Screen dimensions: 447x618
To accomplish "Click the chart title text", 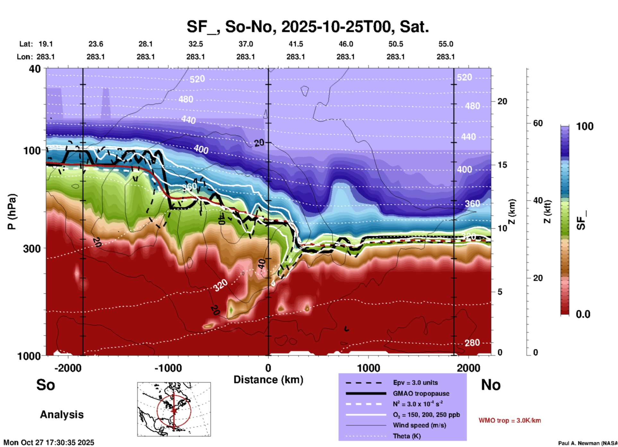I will coord(308,27).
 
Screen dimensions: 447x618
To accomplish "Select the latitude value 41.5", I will coord(296,44).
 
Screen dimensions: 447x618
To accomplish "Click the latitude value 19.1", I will coord(46,44).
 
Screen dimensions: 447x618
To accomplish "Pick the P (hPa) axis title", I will coord(12,212).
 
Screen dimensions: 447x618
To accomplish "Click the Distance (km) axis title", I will coord(268,380).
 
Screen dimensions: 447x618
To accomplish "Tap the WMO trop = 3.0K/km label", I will coord(510,420).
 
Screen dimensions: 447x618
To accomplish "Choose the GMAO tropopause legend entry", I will coord(421,393).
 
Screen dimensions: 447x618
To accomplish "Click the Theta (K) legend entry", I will coord(407,436).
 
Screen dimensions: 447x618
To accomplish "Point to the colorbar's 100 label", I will coord(585,126).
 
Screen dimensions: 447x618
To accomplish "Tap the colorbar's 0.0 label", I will coord(583,314).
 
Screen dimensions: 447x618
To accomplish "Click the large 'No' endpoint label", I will coord(491,385).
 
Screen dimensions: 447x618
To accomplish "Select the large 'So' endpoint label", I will coord(46,385).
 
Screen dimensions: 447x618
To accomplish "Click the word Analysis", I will coord(62,415).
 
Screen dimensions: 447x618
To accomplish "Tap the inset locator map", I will coord(174,409).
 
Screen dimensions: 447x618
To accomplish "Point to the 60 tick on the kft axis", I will coord(538,123).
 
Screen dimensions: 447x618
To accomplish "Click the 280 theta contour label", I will coord(472,343).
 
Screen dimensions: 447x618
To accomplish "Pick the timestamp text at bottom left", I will coord(49,443).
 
